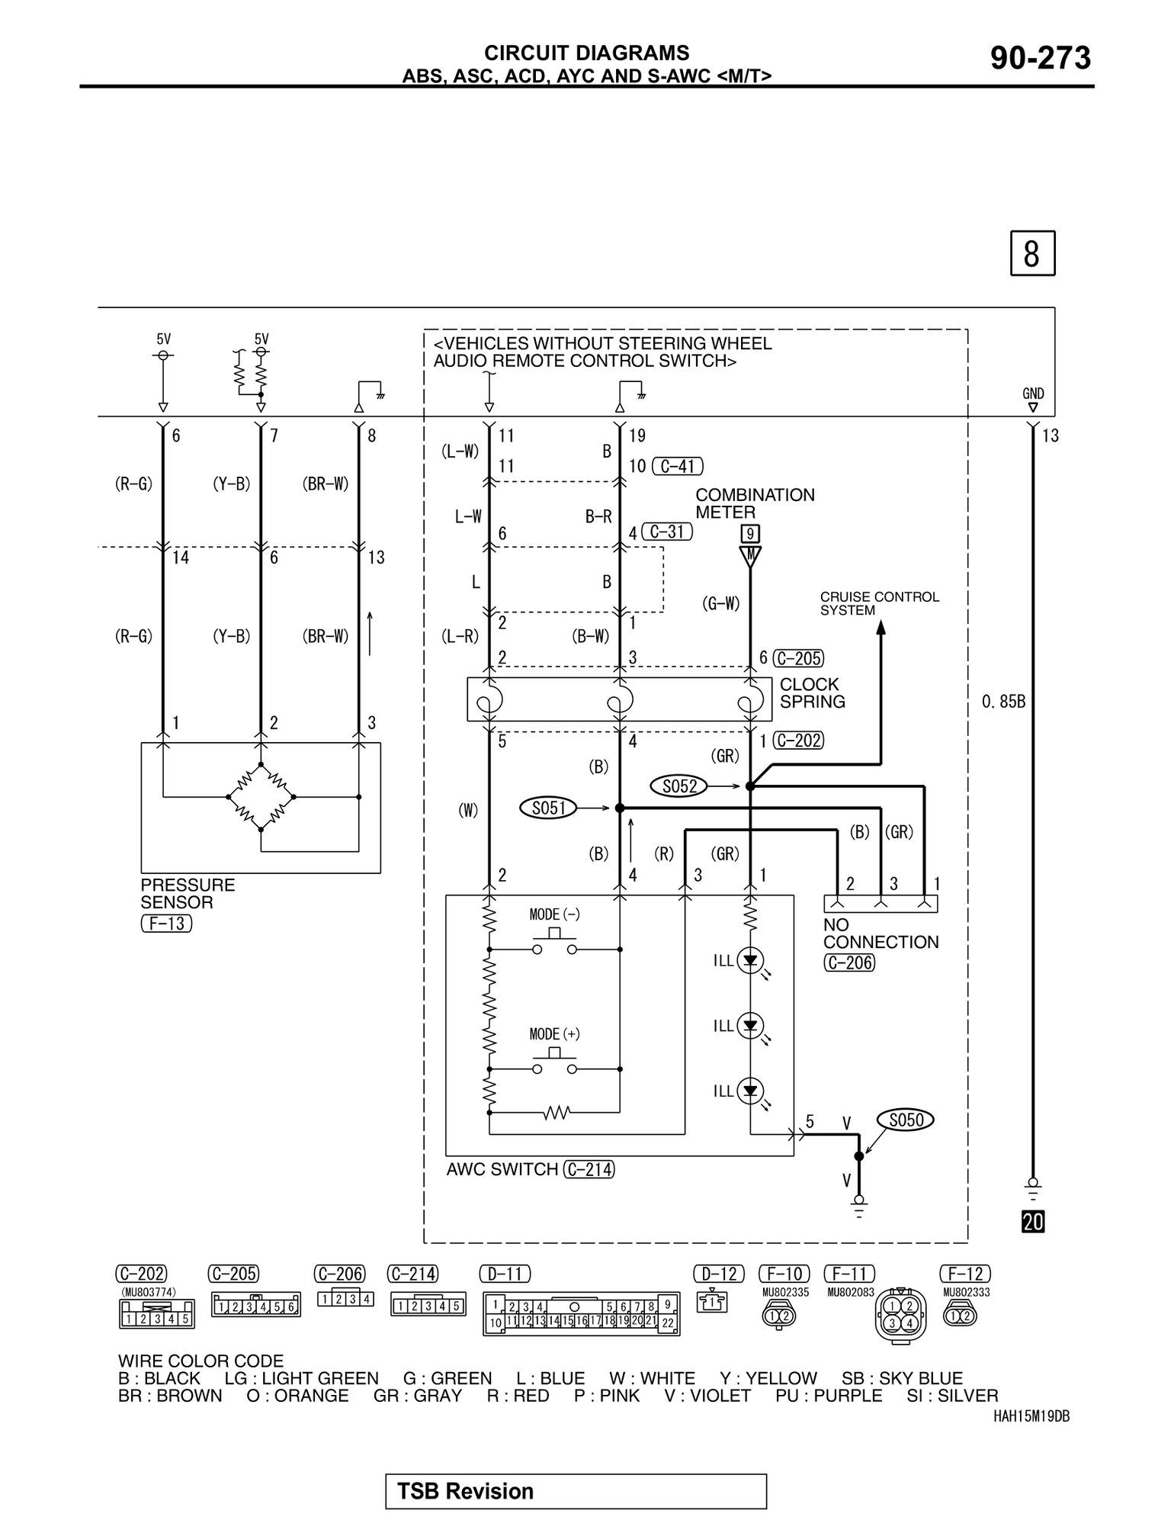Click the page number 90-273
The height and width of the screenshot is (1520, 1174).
tap(1040, 58)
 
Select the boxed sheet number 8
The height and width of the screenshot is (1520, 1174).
tap(1032, 253)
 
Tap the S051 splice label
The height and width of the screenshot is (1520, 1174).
tap(549, 807)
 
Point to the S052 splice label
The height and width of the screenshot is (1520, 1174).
tap(679, 786)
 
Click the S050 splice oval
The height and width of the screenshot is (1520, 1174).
tap(906, 1120)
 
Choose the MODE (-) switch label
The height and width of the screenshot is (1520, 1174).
tap(554, 914)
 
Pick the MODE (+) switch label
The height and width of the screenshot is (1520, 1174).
tap(554, 1034)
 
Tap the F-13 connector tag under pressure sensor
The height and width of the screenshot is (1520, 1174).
tap(166, 924)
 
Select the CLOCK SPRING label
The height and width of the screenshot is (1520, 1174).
tap(812, 693)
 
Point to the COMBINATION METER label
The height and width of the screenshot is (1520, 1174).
tap(754, 503)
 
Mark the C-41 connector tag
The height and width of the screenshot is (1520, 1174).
tap(677, 466)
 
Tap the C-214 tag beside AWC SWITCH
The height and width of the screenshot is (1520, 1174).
tap(589, 1169)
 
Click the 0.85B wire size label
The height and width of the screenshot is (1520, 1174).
tap(1003, 702)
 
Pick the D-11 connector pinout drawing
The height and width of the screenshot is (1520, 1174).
tap(581, 1314)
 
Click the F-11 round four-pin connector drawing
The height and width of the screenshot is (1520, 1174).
tap(900, 1315)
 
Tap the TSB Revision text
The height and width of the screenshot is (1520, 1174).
tap(465, 1491)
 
